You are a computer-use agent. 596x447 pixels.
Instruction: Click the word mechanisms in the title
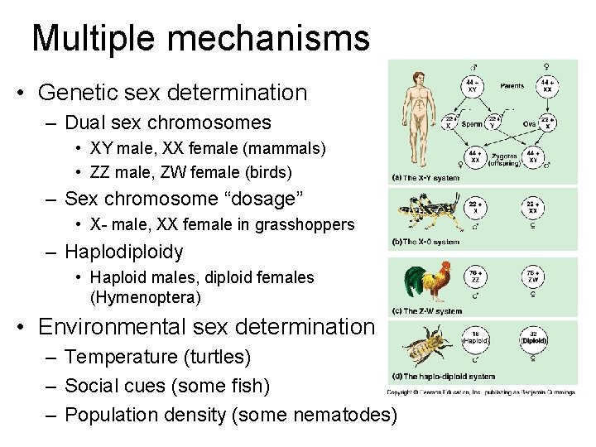pos(269,38)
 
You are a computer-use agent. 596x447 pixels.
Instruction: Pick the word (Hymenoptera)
pos(145,296)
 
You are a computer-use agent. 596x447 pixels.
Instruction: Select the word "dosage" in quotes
pos(264,199)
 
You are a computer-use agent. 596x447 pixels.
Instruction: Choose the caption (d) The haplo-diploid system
pos(440,377)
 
